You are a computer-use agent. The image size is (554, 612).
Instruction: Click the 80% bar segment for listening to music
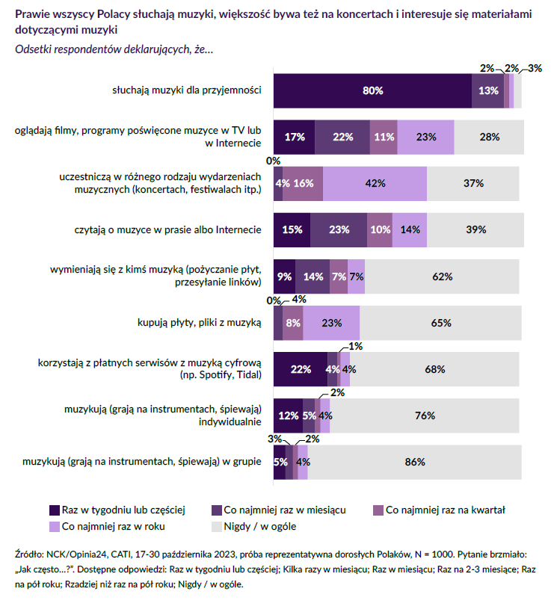coord(372,90)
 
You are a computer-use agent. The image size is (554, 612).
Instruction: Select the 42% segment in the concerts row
coord(375,183)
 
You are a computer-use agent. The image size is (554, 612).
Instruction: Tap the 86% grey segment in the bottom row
coord(415,462)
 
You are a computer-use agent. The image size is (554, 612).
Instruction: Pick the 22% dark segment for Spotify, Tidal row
coord(301,369)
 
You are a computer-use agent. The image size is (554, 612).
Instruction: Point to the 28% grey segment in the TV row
coord(489,137)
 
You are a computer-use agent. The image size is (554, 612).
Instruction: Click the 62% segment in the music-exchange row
coord(443,276)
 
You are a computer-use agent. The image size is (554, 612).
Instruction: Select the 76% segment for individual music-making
coord(425,415)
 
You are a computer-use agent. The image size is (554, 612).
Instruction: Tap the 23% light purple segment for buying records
coord(331,323)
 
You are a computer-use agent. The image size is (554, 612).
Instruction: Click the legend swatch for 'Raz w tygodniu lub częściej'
coord(55,510)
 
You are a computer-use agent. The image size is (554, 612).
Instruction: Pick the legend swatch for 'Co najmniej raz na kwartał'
coord(378,510)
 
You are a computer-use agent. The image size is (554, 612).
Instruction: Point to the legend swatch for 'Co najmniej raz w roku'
coord(55,527)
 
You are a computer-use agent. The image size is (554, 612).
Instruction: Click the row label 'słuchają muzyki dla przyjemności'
coord(186,90)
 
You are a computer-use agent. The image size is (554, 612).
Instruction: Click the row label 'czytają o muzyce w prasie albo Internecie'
coord(170,229)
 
